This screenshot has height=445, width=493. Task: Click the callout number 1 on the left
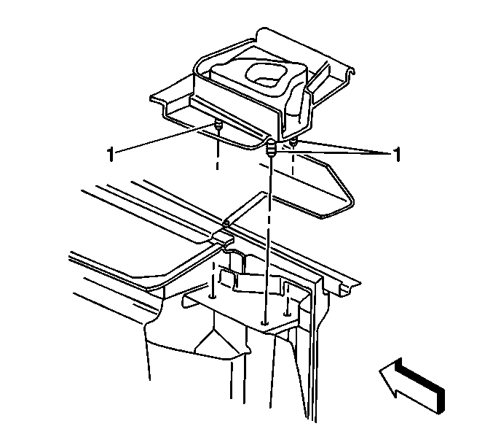click(x=110, y=155)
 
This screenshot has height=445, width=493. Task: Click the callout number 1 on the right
click(x=398, y=155)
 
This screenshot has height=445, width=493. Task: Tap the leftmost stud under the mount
click(x=218, y=125)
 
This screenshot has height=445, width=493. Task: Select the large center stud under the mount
click(x=271, y=148)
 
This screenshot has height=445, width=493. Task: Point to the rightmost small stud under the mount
click(x=293, y=143)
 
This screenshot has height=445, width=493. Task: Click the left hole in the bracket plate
click(x=213, y=296)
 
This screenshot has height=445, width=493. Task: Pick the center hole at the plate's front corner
click(x=265, y=323)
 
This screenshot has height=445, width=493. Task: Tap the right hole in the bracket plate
click(x=287, y=314)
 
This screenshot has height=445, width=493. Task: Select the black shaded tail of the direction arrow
click(x=422, y=388)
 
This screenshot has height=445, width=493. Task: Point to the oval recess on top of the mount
click(x=267, y=74)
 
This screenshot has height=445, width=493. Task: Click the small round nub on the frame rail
click(x=226, y=224)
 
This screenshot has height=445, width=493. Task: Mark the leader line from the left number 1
click(x=164, y=139)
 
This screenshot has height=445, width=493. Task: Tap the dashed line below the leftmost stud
click(x=217, y=150)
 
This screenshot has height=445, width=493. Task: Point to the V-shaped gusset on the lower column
click(x=214, y=341)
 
